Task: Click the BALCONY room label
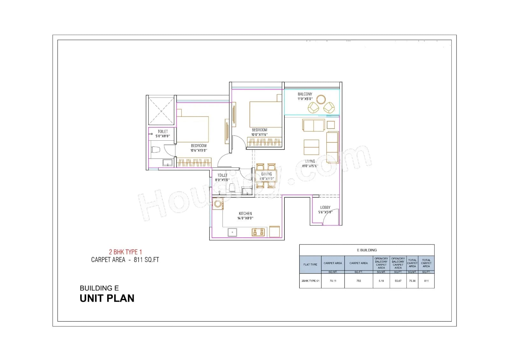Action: pyautogui.click(x=305, y=94)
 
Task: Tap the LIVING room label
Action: pyautogui.click(x=310, y=161)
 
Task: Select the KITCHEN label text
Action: pyautogui.click(x=245, y=214)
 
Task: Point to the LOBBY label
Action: pyautogui.click(x=325, y=208)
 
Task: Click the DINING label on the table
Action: pyautogui.click(x=267, y=174)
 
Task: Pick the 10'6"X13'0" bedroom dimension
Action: pyautogui.click(x=199, y=151)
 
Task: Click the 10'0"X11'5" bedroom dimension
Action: pyautogui.click(x=259, y=135)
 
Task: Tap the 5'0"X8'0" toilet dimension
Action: pyautogui.click(x=163, y=136)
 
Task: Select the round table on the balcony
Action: pyautogui.click(x=321, y=99)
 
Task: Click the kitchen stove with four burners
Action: pyautogui.click(x=258, y=232)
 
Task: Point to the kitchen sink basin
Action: pyautogui.click(x=232, y=232)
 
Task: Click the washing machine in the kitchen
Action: pyautogui.click(x=218, y=204)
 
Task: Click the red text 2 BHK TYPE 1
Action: pyautogui.click(x=125, y=252)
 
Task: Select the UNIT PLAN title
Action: pyautogui.click(x=107, y=298)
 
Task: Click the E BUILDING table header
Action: pyautogui.click(x=366, y=250)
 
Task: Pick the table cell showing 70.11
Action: pyautogui.click(x=333, y=281)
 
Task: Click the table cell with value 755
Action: pyautogui.click(x=359, y=281)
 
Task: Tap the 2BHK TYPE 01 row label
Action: pyautogui.click(x=310, y=281)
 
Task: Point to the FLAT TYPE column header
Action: pyautogui.click(x=310, y=265)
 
